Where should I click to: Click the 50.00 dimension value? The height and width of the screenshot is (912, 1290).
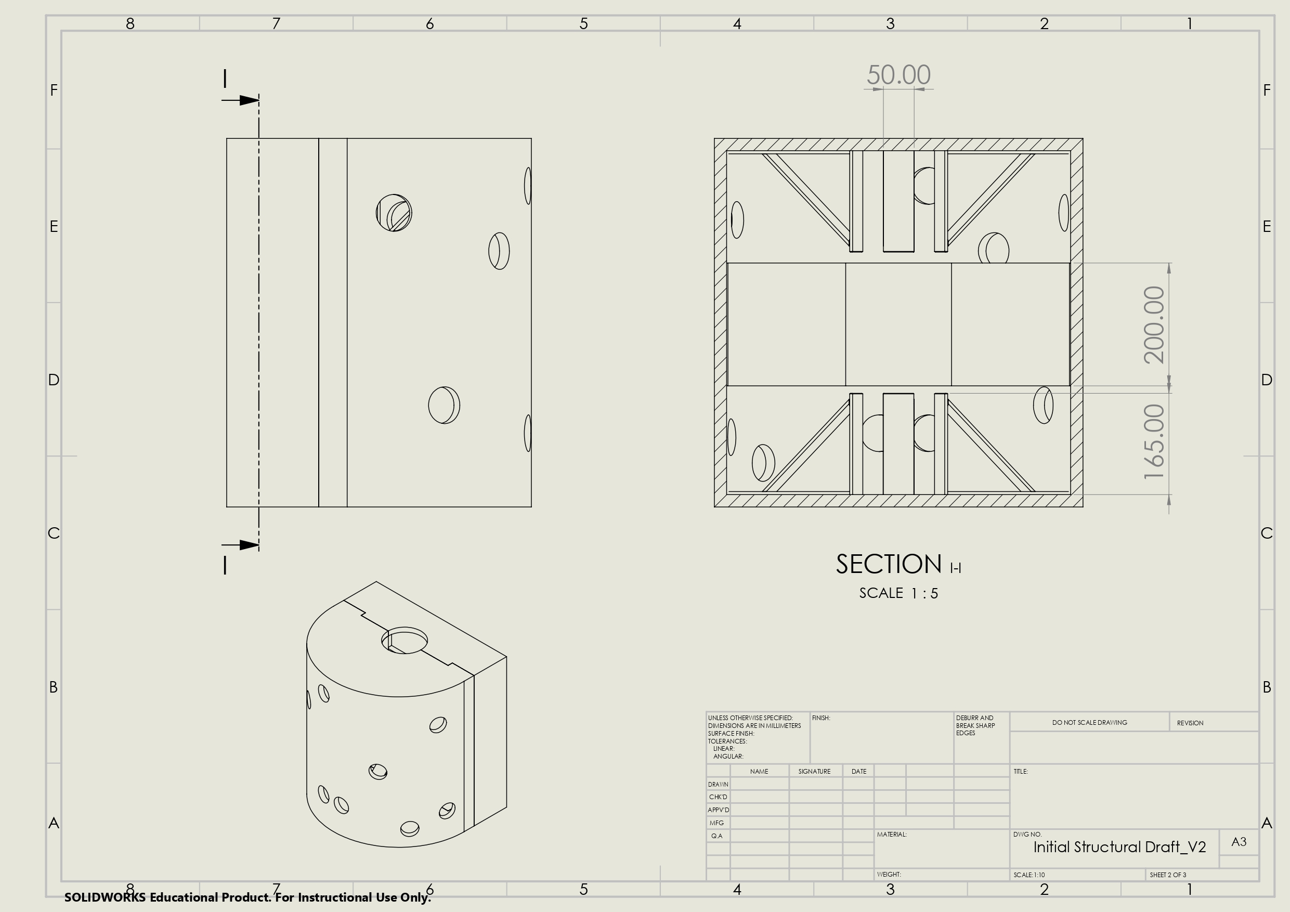898,75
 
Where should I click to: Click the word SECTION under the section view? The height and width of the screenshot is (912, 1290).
888,564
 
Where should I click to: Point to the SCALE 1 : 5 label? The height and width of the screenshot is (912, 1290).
898,593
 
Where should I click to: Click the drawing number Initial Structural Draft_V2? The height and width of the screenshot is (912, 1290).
1119,848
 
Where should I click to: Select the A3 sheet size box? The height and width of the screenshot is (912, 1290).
1239,842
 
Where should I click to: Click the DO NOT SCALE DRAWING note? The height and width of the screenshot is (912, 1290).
1089,723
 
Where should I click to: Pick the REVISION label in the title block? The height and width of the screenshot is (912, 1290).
1190,723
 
